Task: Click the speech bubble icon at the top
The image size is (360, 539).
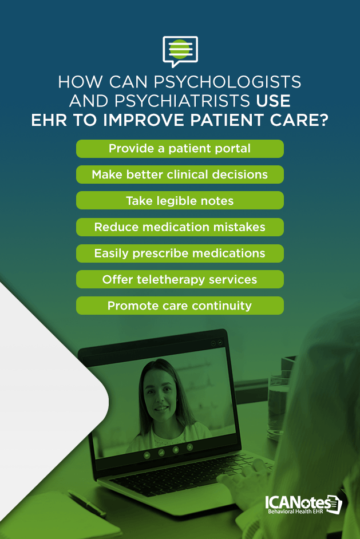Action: (x=180, y=50)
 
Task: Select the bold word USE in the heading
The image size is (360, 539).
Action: (x=274, y=102)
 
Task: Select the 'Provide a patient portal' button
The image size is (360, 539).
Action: (x=180, y=149)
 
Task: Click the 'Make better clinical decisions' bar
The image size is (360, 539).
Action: (x=180, y=175)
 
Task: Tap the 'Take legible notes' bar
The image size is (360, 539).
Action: (x=180, y=201)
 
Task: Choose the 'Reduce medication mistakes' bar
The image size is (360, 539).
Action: (x=180, y=227)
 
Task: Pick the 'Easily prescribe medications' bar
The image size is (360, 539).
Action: (x=180, y=253)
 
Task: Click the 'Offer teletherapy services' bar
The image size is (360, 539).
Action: (x=180, y=279)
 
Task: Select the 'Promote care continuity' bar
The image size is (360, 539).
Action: (x=180, y=306)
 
